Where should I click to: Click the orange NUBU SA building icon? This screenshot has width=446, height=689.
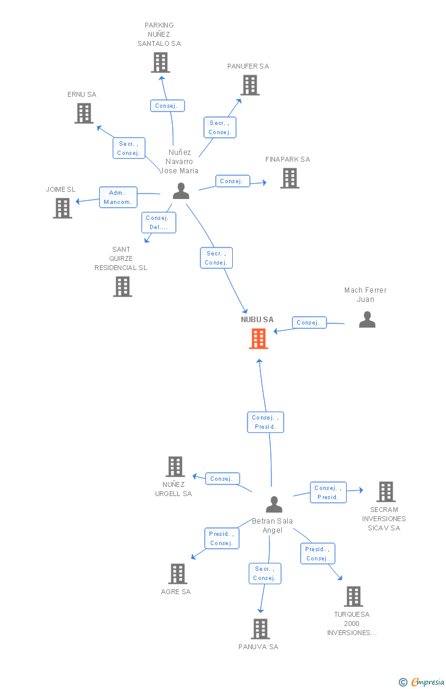coord(259,339)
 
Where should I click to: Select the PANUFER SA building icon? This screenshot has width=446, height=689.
coord(250,85)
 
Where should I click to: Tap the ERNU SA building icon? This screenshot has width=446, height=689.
coord(84,113)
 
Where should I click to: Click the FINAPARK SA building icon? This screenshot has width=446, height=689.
coord(290,178)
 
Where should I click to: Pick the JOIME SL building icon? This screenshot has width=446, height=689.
coord(62,208)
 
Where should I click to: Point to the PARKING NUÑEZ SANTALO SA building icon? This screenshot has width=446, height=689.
coord(161,62)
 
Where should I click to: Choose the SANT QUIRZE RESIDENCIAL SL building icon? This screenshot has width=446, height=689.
coord(123,287)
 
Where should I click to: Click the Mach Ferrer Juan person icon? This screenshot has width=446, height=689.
coord(368,320)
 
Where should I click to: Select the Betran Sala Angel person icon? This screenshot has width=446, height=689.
coord(274,504)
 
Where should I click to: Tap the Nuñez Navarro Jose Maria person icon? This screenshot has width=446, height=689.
coord(181,191)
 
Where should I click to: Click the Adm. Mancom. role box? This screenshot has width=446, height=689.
coord(118,197)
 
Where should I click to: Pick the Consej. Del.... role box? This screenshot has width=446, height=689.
coord(159,222)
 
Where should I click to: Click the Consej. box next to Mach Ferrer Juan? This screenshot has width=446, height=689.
coord(309,323)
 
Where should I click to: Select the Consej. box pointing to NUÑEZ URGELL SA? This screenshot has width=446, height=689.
coord(222,478)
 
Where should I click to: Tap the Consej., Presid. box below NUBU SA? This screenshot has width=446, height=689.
coord(265,422)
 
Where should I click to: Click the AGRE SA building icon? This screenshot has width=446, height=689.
coord(178,574)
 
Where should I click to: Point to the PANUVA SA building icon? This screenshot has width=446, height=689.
coord(260,629)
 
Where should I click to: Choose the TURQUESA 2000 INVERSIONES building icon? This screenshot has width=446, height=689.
coord(353,597)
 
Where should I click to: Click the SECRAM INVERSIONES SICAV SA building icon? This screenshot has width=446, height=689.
coord(386,492)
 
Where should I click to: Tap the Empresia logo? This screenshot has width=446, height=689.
coord(422,682)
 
